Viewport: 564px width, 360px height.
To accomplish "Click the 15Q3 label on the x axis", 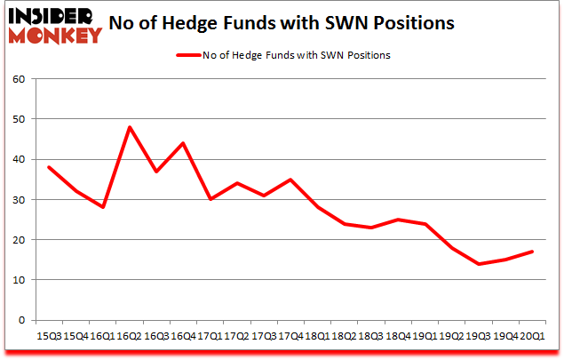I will pyautogui.click(x=49, y=336).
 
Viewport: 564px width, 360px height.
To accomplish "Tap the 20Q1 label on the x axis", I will pyautogui.click(x=533, y=336).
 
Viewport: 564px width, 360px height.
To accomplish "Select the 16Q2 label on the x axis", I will pyautogui.click(x=130, y=336).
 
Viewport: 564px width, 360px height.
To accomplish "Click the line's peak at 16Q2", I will pyautogui.click(x=130, y=127).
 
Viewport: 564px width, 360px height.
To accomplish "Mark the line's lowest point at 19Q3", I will pyautogui.click(x=479, y=264).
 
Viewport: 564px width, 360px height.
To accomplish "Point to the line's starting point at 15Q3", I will pyautogui.click(x=49, y=167).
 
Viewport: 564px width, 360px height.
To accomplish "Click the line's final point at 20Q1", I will pyautogui.click(x=533, y=252).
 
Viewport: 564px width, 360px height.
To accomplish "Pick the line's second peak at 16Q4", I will pyautogui.click(x=183, y=143).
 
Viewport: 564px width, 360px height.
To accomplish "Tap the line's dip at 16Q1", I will pyautogui.click(x=103, y=207).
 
